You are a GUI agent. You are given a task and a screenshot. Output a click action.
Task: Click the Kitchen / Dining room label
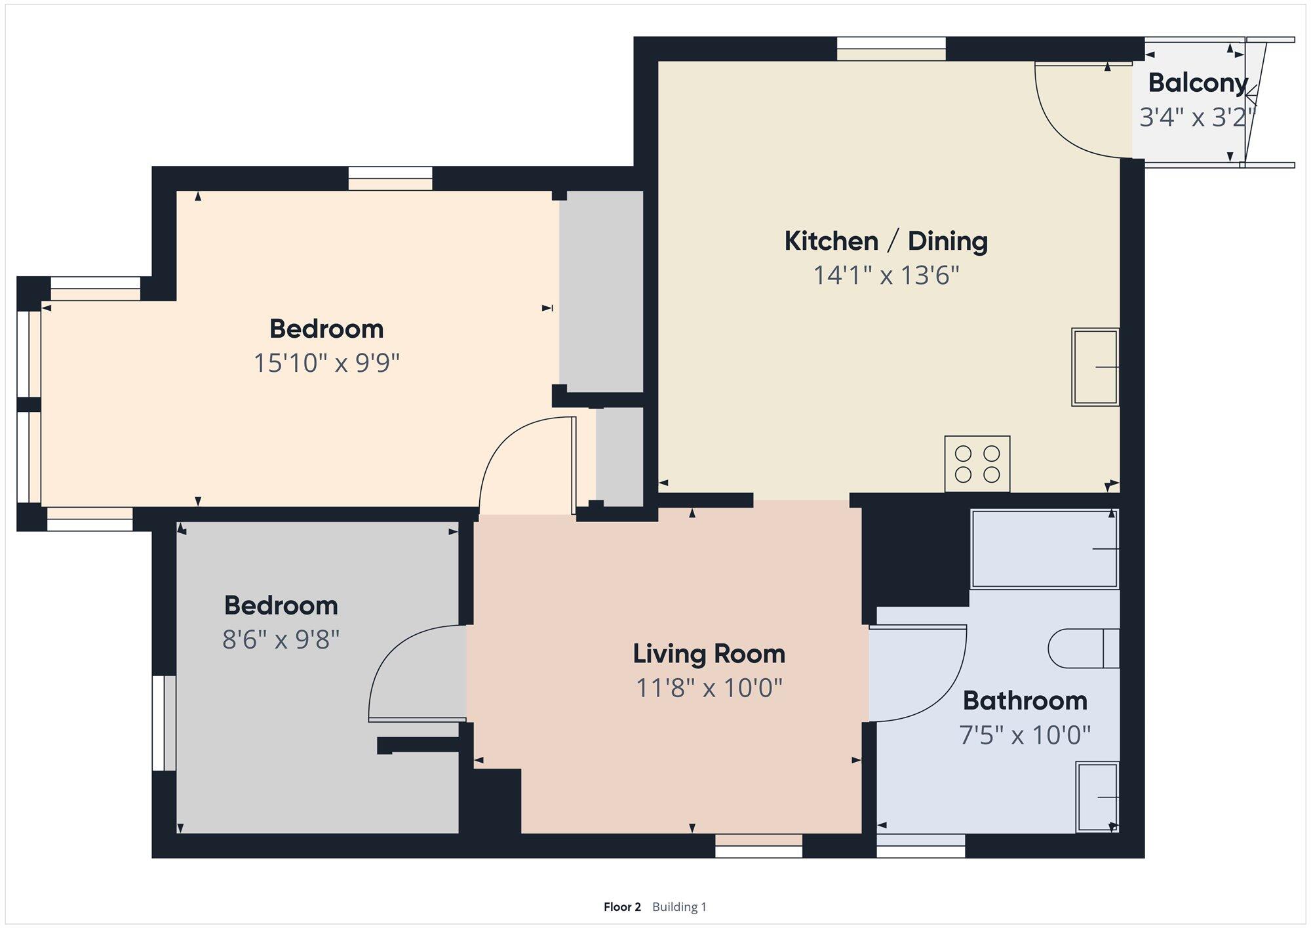[x=886, y=241]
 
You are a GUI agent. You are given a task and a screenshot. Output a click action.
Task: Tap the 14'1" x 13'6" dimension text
[x=886, y=275]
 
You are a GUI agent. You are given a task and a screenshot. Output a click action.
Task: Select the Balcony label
[x=1198, y=83]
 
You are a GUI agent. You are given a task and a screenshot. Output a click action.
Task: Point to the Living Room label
[x=709, y=654]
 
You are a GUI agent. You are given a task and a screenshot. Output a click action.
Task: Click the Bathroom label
[x=1025, y=700]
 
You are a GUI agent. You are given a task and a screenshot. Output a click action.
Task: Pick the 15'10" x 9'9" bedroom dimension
[x=326, y=363]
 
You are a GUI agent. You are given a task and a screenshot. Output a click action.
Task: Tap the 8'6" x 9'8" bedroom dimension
[x=281, y=639]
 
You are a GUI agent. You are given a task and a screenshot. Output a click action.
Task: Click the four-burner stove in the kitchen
[x=977, y=464]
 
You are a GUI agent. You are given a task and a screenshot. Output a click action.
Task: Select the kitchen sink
[x=1095, y=367]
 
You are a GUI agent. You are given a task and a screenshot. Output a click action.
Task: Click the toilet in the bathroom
[x=1084, y=649]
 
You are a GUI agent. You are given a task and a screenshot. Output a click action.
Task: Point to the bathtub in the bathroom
[x=1045, y=549]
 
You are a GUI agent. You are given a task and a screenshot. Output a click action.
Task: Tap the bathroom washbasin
[x=1097, y=797]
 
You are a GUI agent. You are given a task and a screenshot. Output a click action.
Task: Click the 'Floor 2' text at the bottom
[x=622, y=907]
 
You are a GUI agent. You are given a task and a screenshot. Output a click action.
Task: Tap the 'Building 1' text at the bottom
[x=679, y=907]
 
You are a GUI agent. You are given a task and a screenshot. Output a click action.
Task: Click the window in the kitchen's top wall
[x=891, y=49]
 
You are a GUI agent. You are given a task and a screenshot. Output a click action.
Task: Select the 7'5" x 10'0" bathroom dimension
[x=1025, y=735]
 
